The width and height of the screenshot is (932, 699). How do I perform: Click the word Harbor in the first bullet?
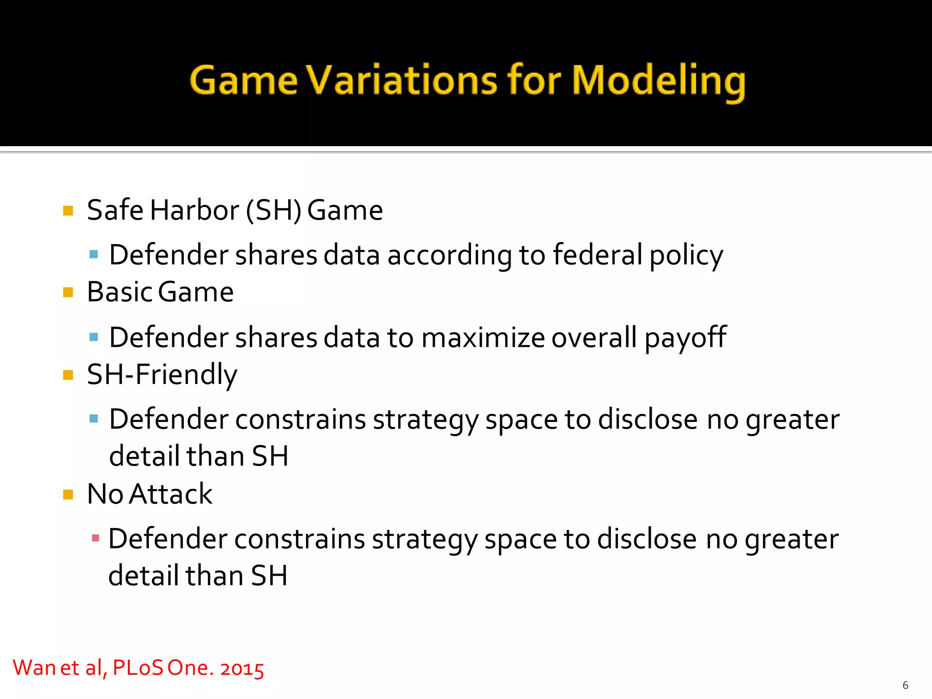tap(194, 210)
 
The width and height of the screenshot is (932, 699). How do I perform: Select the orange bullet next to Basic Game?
tap(68, 292)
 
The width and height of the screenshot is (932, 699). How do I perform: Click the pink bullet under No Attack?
tap(96, 538)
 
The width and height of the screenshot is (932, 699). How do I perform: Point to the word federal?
tap(598, 254)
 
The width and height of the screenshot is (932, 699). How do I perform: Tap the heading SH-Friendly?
tap(162, 375)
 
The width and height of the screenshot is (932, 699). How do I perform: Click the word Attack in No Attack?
tap(171, 494)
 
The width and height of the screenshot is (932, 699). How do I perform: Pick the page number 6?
tap(905, 685)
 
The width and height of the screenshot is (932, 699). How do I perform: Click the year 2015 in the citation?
tap(242, 669)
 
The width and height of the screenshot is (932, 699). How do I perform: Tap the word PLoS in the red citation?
tap(137, 668)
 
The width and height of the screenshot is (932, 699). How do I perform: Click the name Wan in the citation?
tap(34, 668)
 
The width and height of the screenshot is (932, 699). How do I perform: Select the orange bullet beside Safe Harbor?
tap(68, 211)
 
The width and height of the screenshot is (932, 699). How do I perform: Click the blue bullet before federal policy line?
tap(94, 254)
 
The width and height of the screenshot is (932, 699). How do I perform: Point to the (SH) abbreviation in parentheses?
tap(274, 210)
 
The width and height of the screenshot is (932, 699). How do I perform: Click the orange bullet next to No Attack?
tap(68, 495)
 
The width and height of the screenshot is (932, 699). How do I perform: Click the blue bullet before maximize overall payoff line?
tap(94, 337)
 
